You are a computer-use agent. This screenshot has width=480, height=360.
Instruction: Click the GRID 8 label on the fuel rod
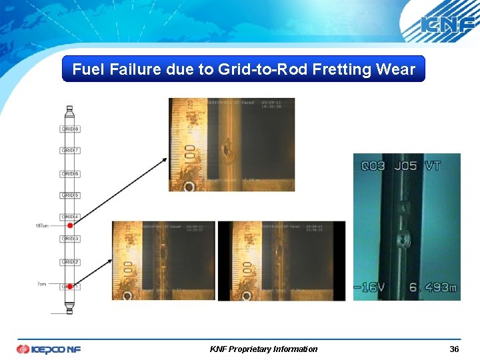coord(70,129)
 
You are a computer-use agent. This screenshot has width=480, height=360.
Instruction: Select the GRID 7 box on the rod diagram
coord(70,151)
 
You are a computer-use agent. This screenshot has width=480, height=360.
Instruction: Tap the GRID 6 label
coord(70,173)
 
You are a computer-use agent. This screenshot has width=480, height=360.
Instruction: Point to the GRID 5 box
coord(70,195)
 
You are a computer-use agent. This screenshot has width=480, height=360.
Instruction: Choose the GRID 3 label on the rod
coord(70,239)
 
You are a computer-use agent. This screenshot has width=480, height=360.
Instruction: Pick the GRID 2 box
coord(70,262)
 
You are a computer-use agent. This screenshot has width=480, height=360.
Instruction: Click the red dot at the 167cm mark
coord(69,227)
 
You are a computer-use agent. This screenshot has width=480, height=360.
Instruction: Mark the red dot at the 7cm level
coord(69,286)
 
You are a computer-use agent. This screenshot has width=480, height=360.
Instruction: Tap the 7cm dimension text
coord(42,284)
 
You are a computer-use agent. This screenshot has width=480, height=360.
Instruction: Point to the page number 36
coord(454,349)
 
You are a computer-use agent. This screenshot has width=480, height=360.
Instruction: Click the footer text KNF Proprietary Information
coord(263,349)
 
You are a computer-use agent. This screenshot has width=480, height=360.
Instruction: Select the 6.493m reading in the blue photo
coord(432,287)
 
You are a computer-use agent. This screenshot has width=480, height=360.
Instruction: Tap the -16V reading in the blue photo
coord(371,287)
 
